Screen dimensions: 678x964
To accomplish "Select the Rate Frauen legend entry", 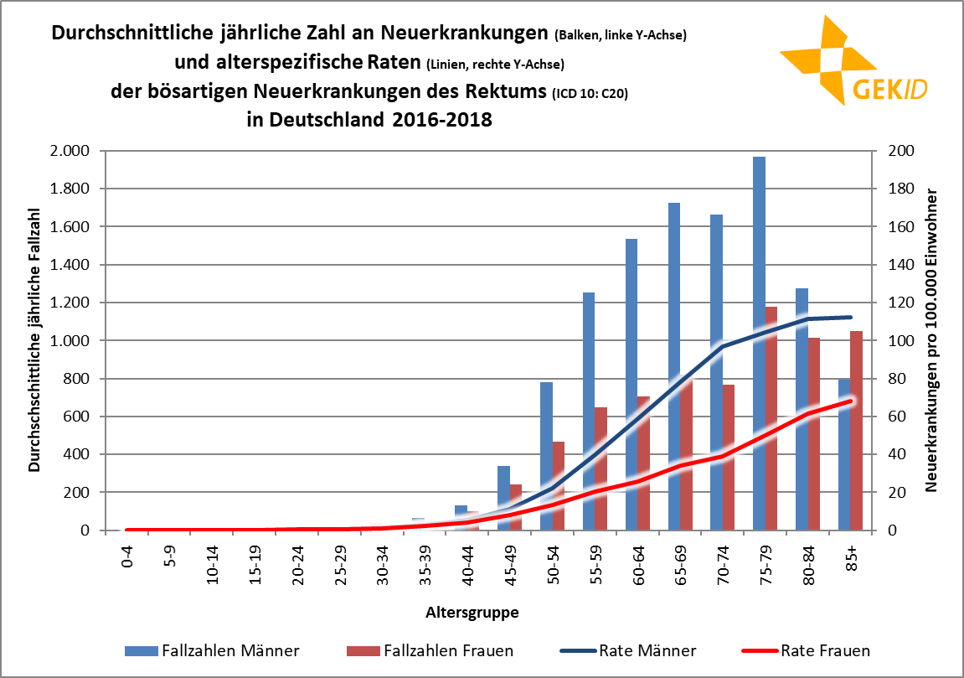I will [x=805, y=650].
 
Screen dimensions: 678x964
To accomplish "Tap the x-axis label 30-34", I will [x=383, y=562].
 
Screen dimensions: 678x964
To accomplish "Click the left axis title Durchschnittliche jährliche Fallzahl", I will [x=34, y=339].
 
